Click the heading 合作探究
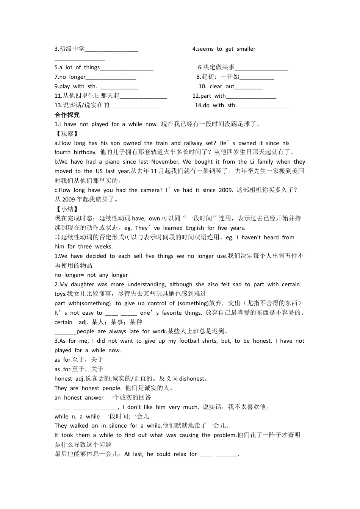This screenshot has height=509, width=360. tap(67, 115)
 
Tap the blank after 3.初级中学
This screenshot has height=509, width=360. tap(111, 49)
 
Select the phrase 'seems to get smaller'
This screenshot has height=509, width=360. tap(226, 49)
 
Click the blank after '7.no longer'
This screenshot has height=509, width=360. tap(111, 78)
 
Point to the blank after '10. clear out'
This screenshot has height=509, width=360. tap(249, 87)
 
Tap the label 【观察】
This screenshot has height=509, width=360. tap(67, 134)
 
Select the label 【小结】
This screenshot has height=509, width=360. tap(67, 209)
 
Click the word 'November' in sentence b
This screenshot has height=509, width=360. tap(165, 162)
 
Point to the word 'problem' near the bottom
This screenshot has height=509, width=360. tap(225, 435)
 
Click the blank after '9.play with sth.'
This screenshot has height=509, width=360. tap(119, 87)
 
